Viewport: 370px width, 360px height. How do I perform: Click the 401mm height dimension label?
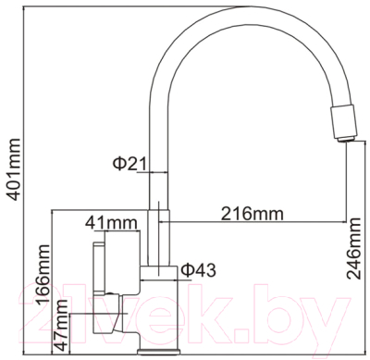coord(12,176)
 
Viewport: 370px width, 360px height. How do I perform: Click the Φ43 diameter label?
coord(198,269)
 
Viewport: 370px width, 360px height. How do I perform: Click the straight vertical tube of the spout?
coord(157,185)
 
